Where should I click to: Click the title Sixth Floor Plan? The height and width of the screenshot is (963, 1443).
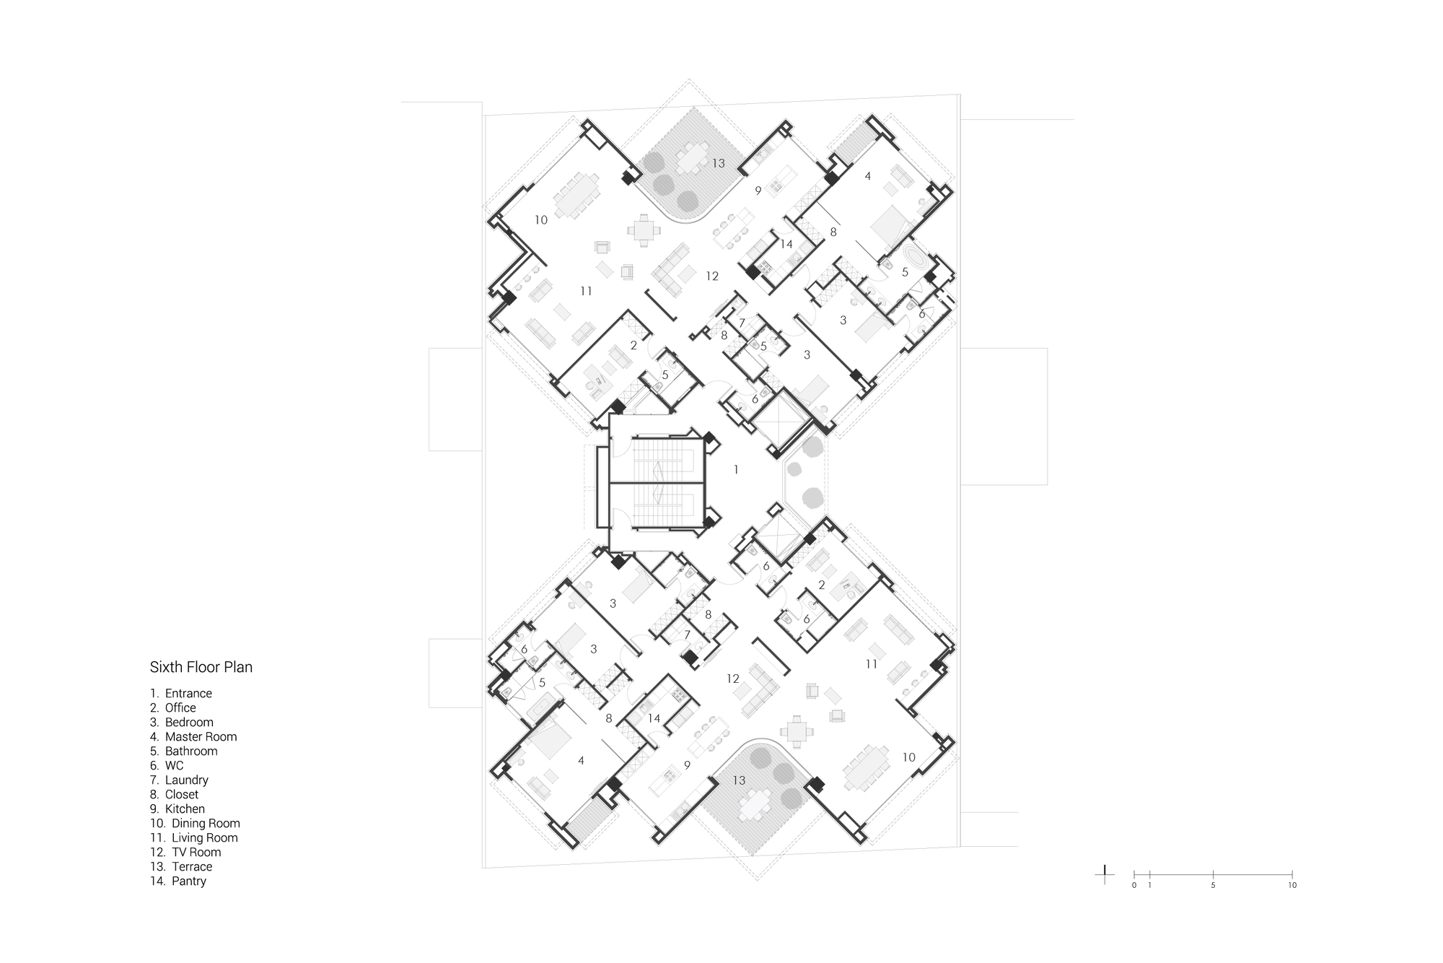[201, 667]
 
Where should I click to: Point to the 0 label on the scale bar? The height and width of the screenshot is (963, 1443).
[1133, 885]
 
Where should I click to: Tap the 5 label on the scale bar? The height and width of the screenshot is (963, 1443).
[1213, 885]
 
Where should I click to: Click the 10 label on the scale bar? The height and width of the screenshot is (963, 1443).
[1292, 885]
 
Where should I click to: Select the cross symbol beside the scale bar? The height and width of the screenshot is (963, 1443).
[1104, 874]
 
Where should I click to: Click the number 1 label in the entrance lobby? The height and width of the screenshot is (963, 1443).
[736, 470]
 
